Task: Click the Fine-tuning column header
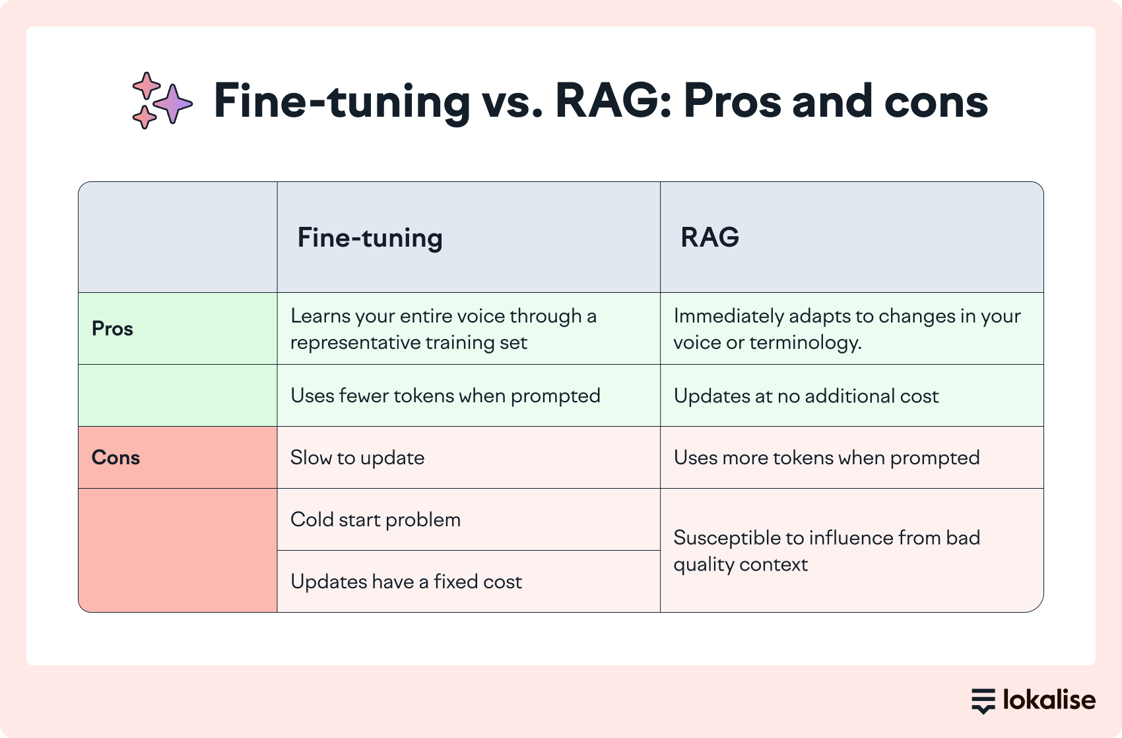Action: pyautogui.click(x=370, y=238)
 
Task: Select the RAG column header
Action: pyautogui.click(x=709, y=237)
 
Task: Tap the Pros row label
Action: pyautogui.click(x=112, y=328)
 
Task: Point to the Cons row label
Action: pyautogui.click(x=115, y=458)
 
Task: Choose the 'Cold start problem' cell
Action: pyautogui.click(x=375, y=520)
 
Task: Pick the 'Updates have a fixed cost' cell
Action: pyautogui.click(x=406, y=582)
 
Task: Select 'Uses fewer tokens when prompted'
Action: pyautogui.click(x=445, y=396)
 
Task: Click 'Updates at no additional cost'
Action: pyautogui.click(x=806, y=396)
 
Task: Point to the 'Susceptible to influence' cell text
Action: pyautogui.click(x=826, y=551)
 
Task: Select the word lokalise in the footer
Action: pyautogui.click(x=1049, y=700)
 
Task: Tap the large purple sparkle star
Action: pyautogui.click(x=173, y=104)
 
